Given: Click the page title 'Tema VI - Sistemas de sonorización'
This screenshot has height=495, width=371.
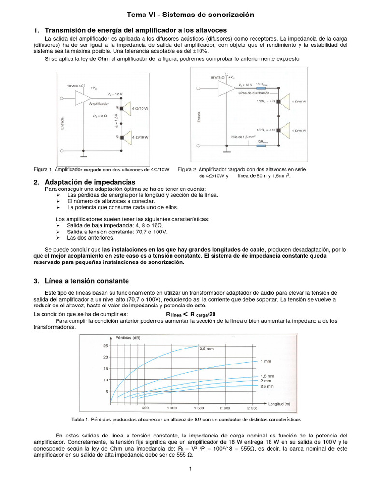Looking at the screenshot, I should click(190, 15).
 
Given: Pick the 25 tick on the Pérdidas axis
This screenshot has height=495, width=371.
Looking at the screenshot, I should click(105, 346).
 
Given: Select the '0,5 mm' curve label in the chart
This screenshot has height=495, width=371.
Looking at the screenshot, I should click(207, 348).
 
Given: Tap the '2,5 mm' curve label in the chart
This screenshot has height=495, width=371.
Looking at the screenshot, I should click(267, 386).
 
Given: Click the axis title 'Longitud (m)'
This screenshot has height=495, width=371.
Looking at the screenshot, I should click(279, 403).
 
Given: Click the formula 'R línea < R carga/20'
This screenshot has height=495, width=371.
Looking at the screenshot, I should click(190, 313).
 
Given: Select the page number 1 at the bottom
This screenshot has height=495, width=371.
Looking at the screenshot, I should click(190, 468).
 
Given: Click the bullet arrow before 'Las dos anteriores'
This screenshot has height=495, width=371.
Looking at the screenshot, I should click(58, 238).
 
